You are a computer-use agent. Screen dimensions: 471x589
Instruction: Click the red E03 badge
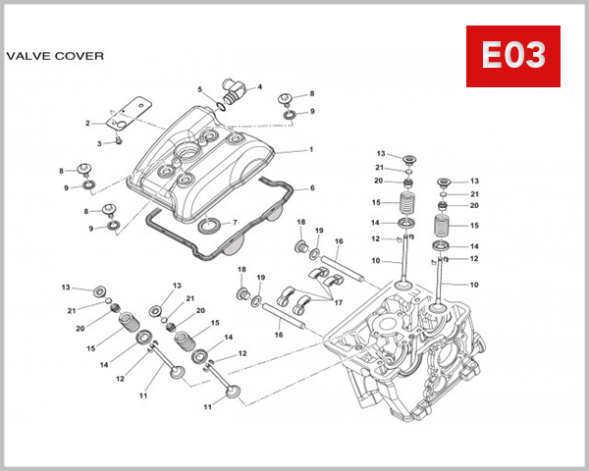511,57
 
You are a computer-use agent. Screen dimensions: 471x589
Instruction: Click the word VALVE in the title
28,56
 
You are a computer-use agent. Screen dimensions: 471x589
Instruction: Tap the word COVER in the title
80,56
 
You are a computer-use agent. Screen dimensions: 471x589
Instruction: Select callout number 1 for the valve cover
310,150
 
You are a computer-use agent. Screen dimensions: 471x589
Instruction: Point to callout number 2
87,124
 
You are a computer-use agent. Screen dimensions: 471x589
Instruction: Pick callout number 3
99,143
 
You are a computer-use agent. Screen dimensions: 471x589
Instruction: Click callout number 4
259,86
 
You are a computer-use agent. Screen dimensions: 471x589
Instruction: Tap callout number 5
199,90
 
